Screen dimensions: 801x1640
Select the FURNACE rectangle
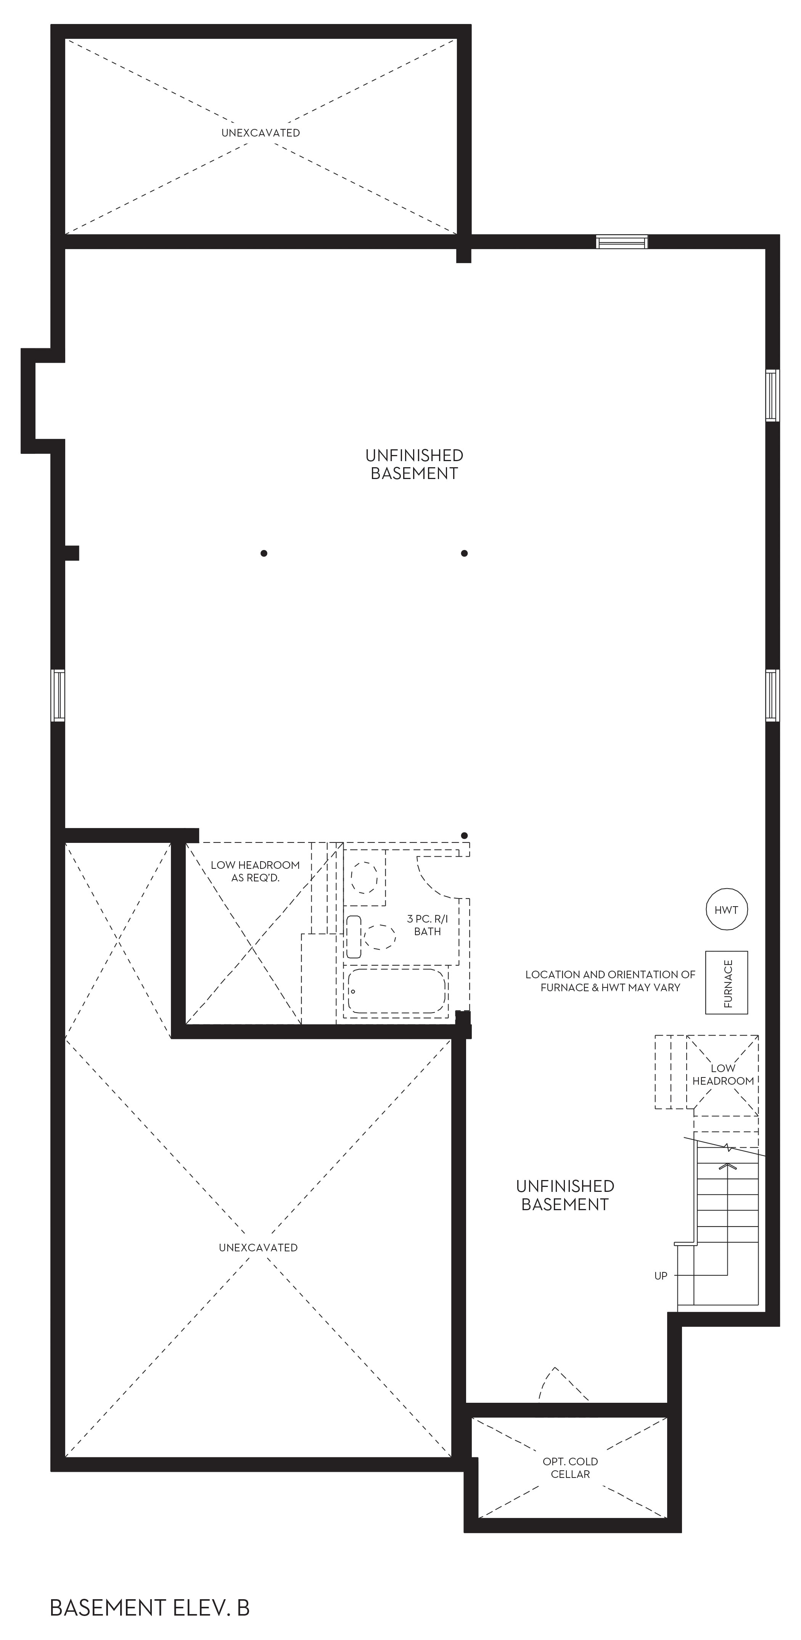727,982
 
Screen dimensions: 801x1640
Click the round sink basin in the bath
365,877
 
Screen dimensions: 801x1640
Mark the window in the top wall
622,241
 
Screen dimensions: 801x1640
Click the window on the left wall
58,695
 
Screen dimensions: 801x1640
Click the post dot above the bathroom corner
465,835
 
